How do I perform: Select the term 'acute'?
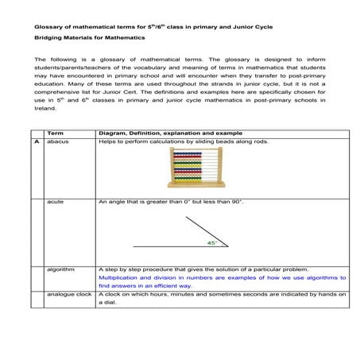[55, 203]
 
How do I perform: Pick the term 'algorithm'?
[60, 269]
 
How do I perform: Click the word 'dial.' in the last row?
[105, 303]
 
